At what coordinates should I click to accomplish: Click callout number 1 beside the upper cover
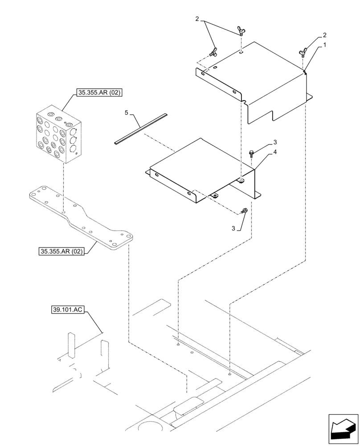325,45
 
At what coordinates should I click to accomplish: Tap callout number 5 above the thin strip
126,113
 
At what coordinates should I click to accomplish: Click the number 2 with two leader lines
196,19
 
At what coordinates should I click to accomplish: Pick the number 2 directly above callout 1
325,35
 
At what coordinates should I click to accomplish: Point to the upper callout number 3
275,142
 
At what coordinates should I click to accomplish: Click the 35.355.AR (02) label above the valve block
99,93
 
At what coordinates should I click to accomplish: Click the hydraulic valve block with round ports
59,137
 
